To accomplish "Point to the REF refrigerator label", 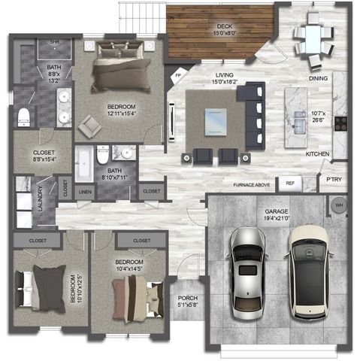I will click(289, 182).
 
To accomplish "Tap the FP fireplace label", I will click(178, 76).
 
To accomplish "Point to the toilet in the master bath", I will click(23, 117).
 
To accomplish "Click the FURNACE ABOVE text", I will click(252, 184).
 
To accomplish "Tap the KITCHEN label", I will click(317, 154).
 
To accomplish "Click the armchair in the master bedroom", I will click(89, 126).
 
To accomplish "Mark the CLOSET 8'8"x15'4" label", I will click(42, 156).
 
